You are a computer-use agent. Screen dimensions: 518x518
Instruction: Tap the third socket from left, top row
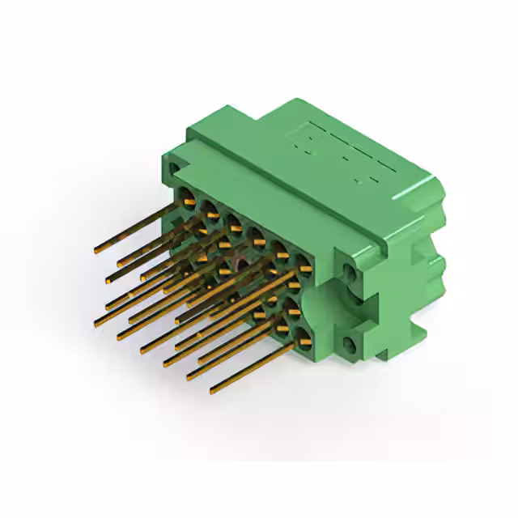(x=231, y=220)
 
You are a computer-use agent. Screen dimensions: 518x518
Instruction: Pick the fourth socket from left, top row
(x=256, y=234)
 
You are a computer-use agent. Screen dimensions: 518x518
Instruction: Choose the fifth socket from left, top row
(x=280, y=247)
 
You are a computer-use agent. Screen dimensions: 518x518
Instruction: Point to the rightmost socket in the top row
(x=304, y=261)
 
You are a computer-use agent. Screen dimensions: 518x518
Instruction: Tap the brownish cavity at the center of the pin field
(x=241, y=265)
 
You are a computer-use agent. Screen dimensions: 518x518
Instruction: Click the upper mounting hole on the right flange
(x=350, y=271)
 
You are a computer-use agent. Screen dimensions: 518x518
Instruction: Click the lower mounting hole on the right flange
(x=350, y=346)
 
